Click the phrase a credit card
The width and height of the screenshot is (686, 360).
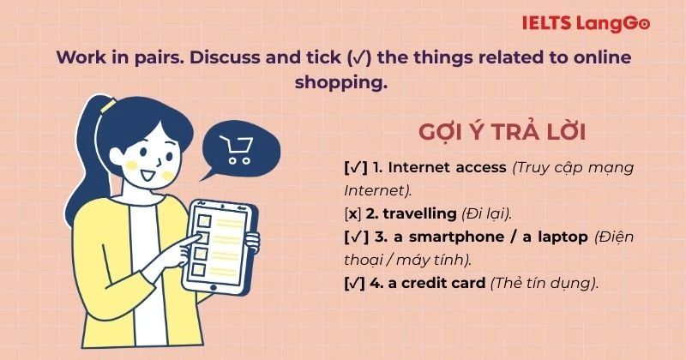click(436, 281)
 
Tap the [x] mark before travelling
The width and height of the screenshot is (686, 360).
click(352, 212)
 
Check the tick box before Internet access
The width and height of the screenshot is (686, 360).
click(355, 167)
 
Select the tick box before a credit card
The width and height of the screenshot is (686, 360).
click(355, 281)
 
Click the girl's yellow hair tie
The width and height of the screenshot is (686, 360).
click(109, 106)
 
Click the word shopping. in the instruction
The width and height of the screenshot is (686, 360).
click(340, 83)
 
